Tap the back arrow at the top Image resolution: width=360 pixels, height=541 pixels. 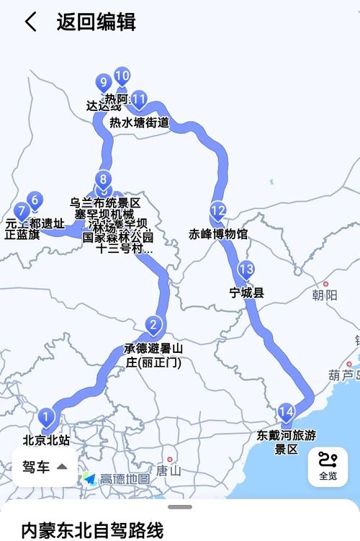[x=30, y=22]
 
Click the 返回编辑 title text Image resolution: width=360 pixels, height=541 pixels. [x=96, y=22]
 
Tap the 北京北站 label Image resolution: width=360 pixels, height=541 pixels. [x=46, y=439]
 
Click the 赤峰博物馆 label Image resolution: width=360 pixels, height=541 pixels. [x=218, y=234]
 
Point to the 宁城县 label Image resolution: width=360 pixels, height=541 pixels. [x=247, y=293]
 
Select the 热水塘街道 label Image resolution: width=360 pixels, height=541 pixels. [x=139, y=123]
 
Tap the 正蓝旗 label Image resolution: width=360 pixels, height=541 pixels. [x=22, y=234]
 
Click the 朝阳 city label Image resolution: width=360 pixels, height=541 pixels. [x=325, y=295]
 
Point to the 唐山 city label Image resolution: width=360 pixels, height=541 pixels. [x=170, y=470]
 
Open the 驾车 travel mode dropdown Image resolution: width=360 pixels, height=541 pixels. [x=44, y=467]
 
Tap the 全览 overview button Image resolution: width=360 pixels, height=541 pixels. [x=328, y=466]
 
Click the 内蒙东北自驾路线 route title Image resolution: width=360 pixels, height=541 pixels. [x=92, y=529]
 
